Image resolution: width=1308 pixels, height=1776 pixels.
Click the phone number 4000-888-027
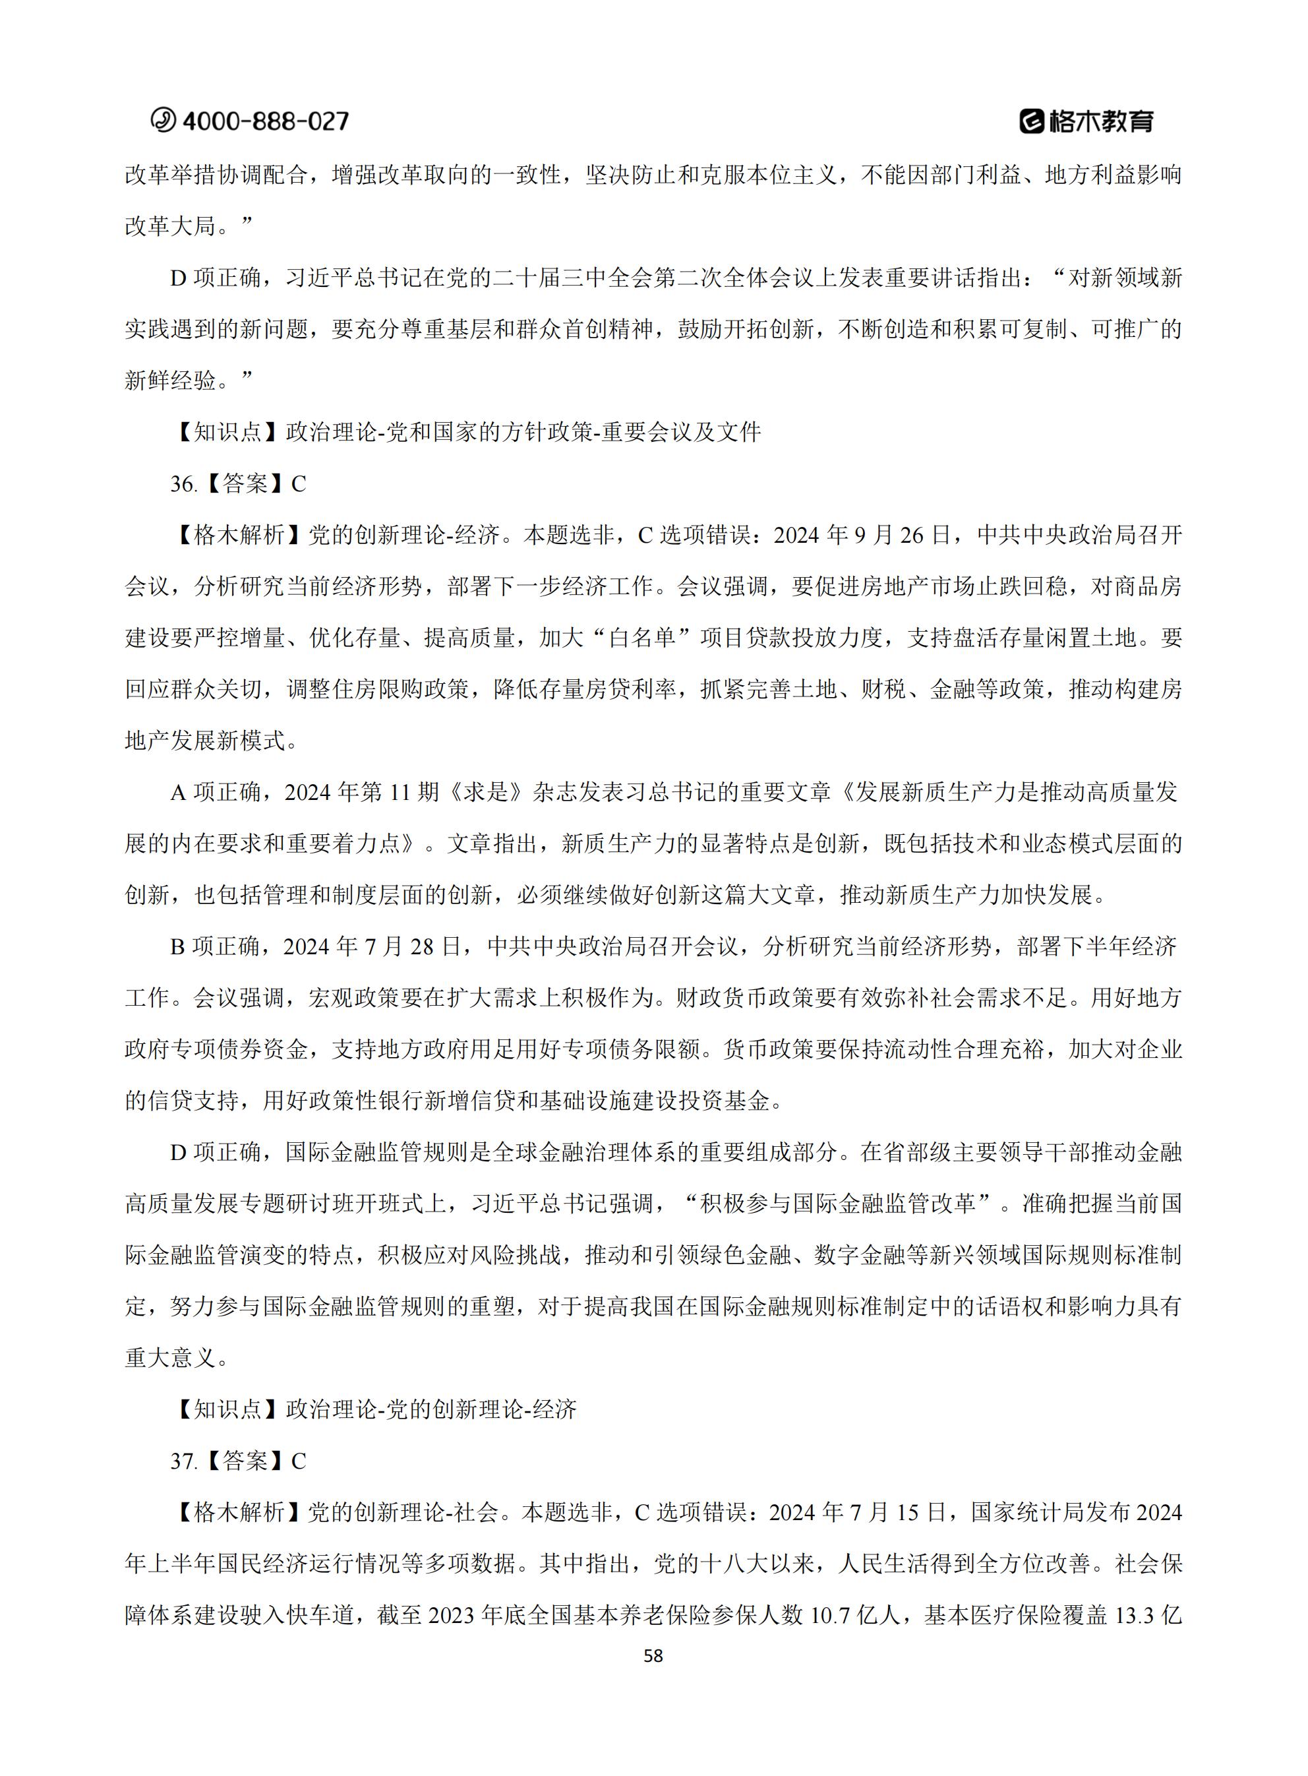point(265,121)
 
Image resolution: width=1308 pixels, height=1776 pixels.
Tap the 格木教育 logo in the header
point(1086,121)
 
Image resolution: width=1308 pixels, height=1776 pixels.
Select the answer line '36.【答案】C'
point(238,484)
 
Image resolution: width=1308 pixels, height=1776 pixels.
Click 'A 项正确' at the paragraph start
point(214,793)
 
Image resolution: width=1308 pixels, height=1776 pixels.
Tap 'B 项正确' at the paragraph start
point(214,947)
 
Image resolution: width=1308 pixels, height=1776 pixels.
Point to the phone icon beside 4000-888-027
point(164,121)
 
